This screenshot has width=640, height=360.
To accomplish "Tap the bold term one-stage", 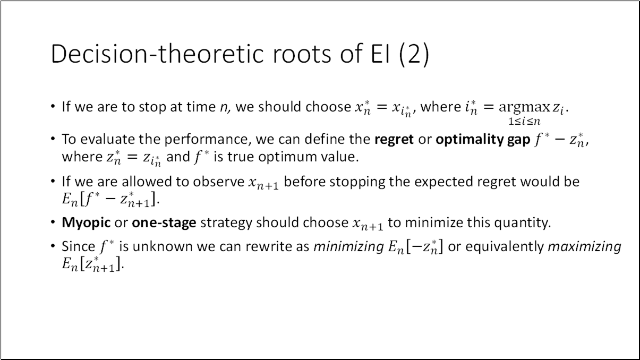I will [164, 222].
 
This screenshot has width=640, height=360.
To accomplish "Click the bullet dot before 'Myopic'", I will [53, 222].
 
